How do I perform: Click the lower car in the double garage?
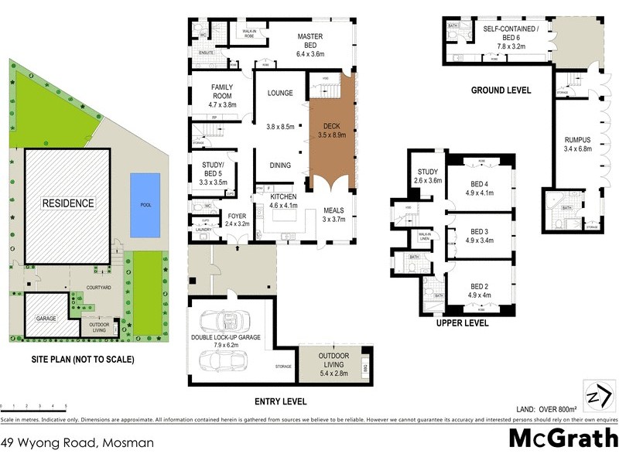pyautogui.click(x=224, y=360)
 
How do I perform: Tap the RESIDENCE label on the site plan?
pyautogui.click(x=68, y=204)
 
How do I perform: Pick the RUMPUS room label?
pyautogui.click(x=577, y=144)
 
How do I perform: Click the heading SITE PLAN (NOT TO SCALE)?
pyautogui.click(x=83, y=360)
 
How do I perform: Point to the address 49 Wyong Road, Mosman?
pyautogui.click(x=77, y=443)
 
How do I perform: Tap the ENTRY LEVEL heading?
pyautogui.click(x=280, y=401)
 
